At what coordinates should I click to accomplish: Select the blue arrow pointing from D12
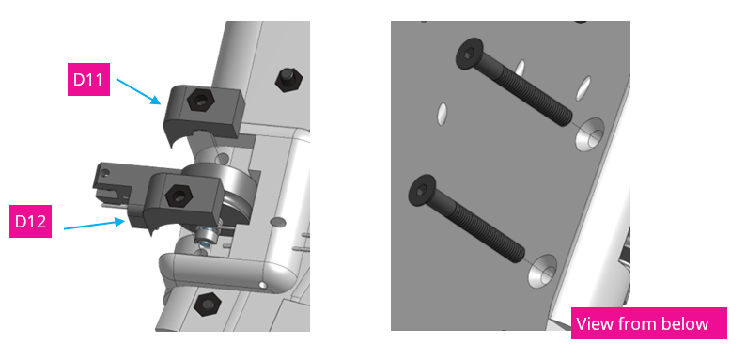coord(94,224)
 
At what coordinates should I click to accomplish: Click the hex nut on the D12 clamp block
coord(175,196)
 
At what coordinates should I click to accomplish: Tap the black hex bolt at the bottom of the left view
coord(206,304)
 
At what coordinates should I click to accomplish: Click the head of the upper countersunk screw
coord(467,54)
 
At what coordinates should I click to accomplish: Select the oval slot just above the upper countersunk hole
coord(583,86)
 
